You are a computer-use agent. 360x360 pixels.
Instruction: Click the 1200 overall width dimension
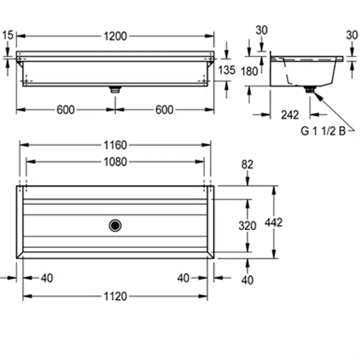tap(115, 36)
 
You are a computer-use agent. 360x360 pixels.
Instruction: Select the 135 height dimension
tap(227, 70)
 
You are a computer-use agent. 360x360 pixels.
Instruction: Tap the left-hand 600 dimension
tap(66, 110)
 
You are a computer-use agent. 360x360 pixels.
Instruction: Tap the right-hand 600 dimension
tap(164, 110)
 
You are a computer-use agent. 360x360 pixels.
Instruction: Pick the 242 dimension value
tap(290, 114)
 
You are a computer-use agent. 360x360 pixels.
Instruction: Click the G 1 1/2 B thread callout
tap(327, 132)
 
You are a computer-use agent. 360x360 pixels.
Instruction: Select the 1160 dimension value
tap(115, 145)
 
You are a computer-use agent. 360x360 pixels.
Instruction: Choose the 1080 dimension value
tap(115, 162)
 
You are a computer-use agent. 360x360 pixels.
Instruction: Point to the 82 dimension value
tap(247, 165)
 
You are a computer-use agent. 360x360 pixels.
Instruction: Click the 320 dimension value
tap(247, 226)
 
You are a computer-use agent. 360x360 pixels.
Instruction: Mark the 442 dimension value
tap(274, 222)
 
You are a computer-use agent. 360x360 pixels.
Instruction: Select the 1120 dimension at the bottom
tap(115, 296)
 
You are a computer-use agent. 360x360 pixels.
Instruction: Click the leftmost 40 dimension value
tap(47, 278)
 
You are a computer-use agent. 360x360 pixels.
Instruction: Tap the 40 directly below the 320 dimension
tap(247, 279)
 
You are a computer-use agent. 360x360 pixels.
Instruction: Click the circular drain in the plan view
tap(115, 226)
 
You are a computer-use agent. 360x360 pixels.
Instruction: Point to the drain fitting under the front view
tap(115, 90)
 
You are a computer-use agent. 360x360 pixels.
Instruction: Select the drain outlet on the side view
tap(309, 90)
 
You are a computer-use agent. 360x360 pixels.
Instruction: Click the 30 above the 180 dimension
tap(261, 30)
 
